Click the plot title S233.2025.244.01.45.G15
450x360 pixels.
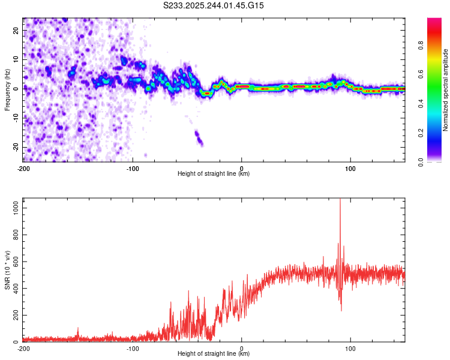[x=214, y=5]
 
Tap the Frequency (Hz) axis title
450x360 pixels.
[x=7, y=89]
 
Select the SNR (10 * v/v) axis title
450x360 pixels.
[x=7, y=271]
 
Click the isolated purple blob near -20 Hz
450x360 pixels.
[x=199, y=139]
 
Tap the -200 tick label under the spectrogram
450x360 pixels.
[x=23, y=168]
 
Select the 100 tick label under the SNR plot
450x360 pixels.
[x=350, y=348]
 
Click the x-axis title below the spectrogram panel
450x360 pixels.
[x=214, y=174]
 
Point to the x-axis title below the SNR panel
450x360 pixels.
[x=214, y=354]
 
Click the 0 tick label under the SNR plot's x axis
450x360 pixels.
[x=242, y=348]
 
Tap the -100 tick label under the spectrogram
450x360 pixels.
[x=132, y=168]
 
